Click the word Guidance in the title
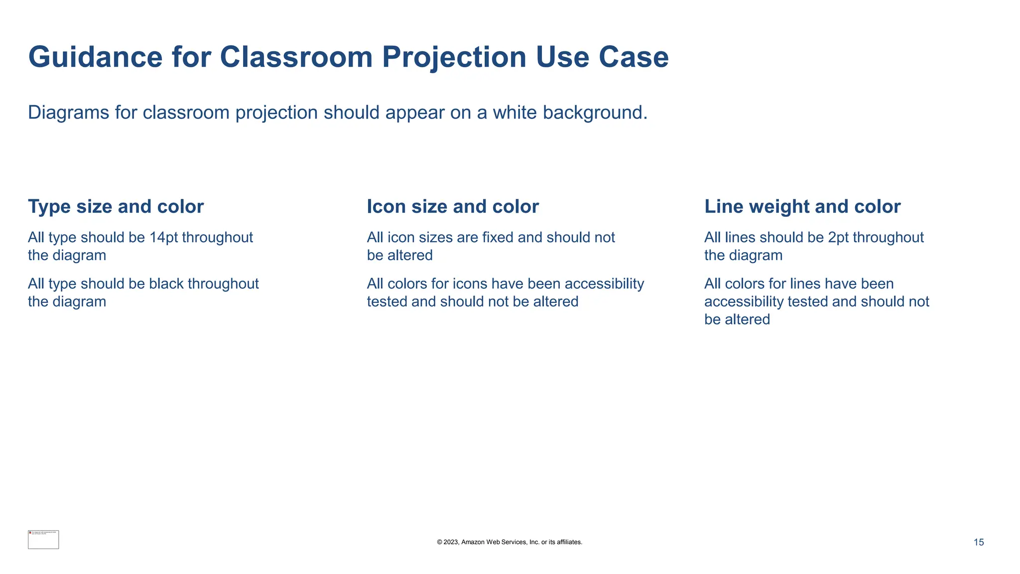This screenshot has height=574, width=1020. [95, 57]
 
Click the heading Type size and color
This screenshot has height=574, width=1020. [116, 207]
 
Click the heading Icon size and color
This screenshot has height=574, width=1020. [453, 207]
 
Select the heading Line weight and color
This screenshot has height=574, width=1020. [802, 207]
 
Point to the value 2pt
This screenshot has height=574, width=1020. [838, 238]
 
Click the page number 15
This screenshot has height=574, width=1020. [978, 543]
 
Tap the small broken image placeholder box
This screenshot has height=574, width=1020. [43, 540]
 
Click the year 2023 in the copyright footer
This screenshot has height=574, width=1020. [450, 542]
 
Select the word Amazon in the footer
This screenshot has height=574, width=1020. [473, 542]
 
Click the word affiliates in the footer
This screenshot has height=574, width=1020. [568, 542]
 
